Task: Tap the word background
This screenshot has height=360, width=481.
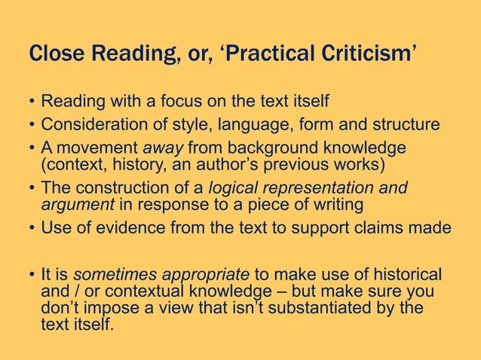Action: tap(262, 146)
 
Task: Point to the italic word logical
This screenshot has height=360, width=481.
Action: tap(234, 188)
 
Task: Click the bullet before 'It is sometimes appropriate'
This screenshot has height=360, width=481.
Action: tap(32, 274)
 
